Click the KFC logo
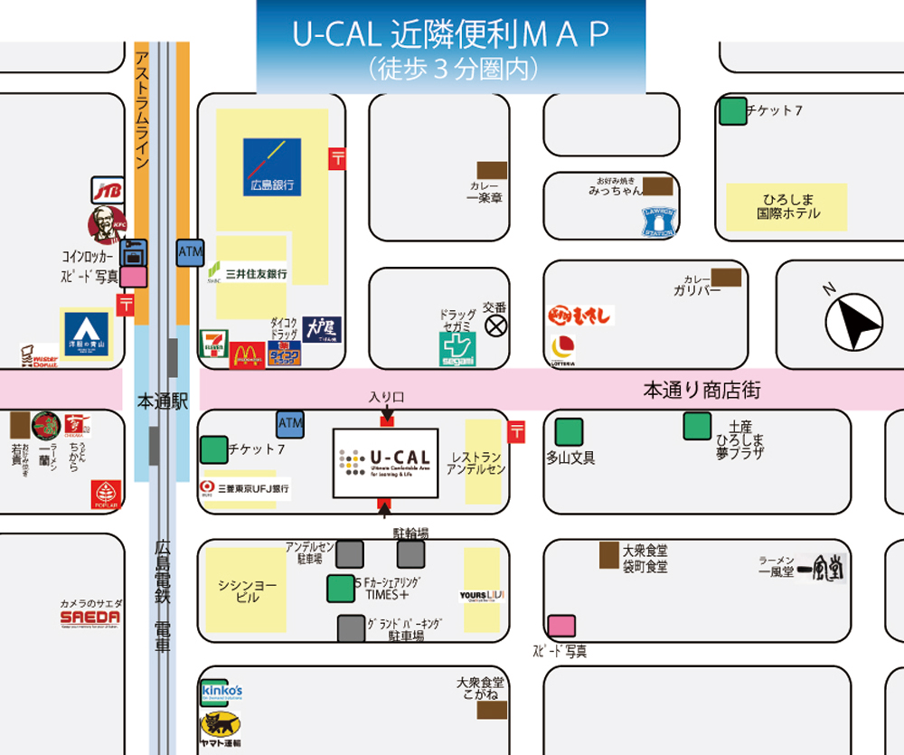[106, 225]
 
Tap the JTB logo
[107, 190]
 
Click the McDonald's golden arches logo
[248, 354]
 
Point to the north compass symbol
[854, 321]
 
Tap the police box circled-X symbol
[495, 326]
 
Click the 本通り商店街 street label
[702, 391]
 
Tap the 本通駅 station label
[162, 401]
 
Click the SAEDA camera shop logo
[90, 617]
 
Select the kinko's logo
[221, 692]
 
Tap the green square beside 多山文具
[569, 431]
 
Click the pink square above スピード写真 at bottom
[561, 626]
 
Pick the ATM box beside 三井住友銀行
[191, 253]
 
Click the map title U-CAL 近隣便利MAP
[450, 34]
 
